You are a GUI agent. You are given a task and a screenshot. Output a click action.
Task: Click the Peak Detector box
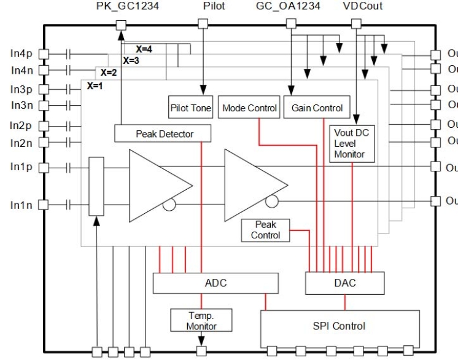[x=163, y=133]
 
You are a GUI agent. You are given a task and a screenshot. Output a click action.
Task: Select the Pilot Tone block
[x=190, y=108]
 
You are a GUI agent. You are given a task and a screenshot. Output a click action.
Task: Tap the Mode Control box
[x=249, y=108]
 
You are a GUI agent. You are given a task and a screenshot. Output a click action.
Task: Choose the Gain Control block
[x=317, y=108]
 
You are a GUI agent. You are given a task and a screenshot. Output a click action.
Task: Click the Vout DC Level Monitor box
[x=349, y=143]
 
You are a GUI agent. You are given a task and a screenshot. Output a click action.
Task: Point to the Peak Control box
[x=265, y=230]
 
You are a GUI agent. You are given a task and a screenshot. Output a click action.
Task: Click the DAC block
[x=344, y=283]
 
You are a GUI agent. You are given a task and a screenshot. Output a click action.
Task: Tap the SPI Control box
[x=339, y=326]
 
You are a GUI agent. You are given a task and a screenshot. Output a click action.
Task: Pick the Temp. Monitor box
[x=201, y=320]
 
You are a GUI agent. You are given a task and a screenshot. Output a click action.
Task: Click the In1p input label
[x=21, y=166]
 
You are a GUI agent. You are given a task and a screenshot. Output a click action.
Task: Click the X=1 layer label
[x=95, y=86]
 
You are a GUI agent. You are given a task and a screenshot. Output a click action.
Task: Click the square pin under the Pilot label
[x=203, y=25]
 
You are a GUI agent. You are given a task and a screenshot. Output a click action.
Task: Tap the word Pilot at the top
[x=214, y=6]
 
